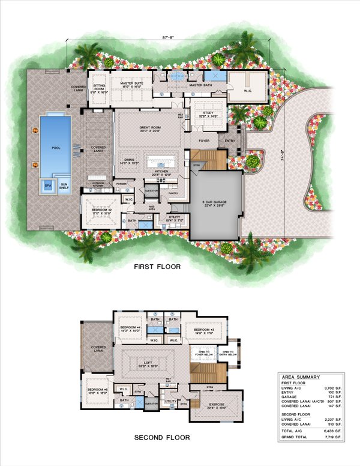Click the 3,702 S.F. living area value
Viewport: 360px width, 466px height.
(335, 388)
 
